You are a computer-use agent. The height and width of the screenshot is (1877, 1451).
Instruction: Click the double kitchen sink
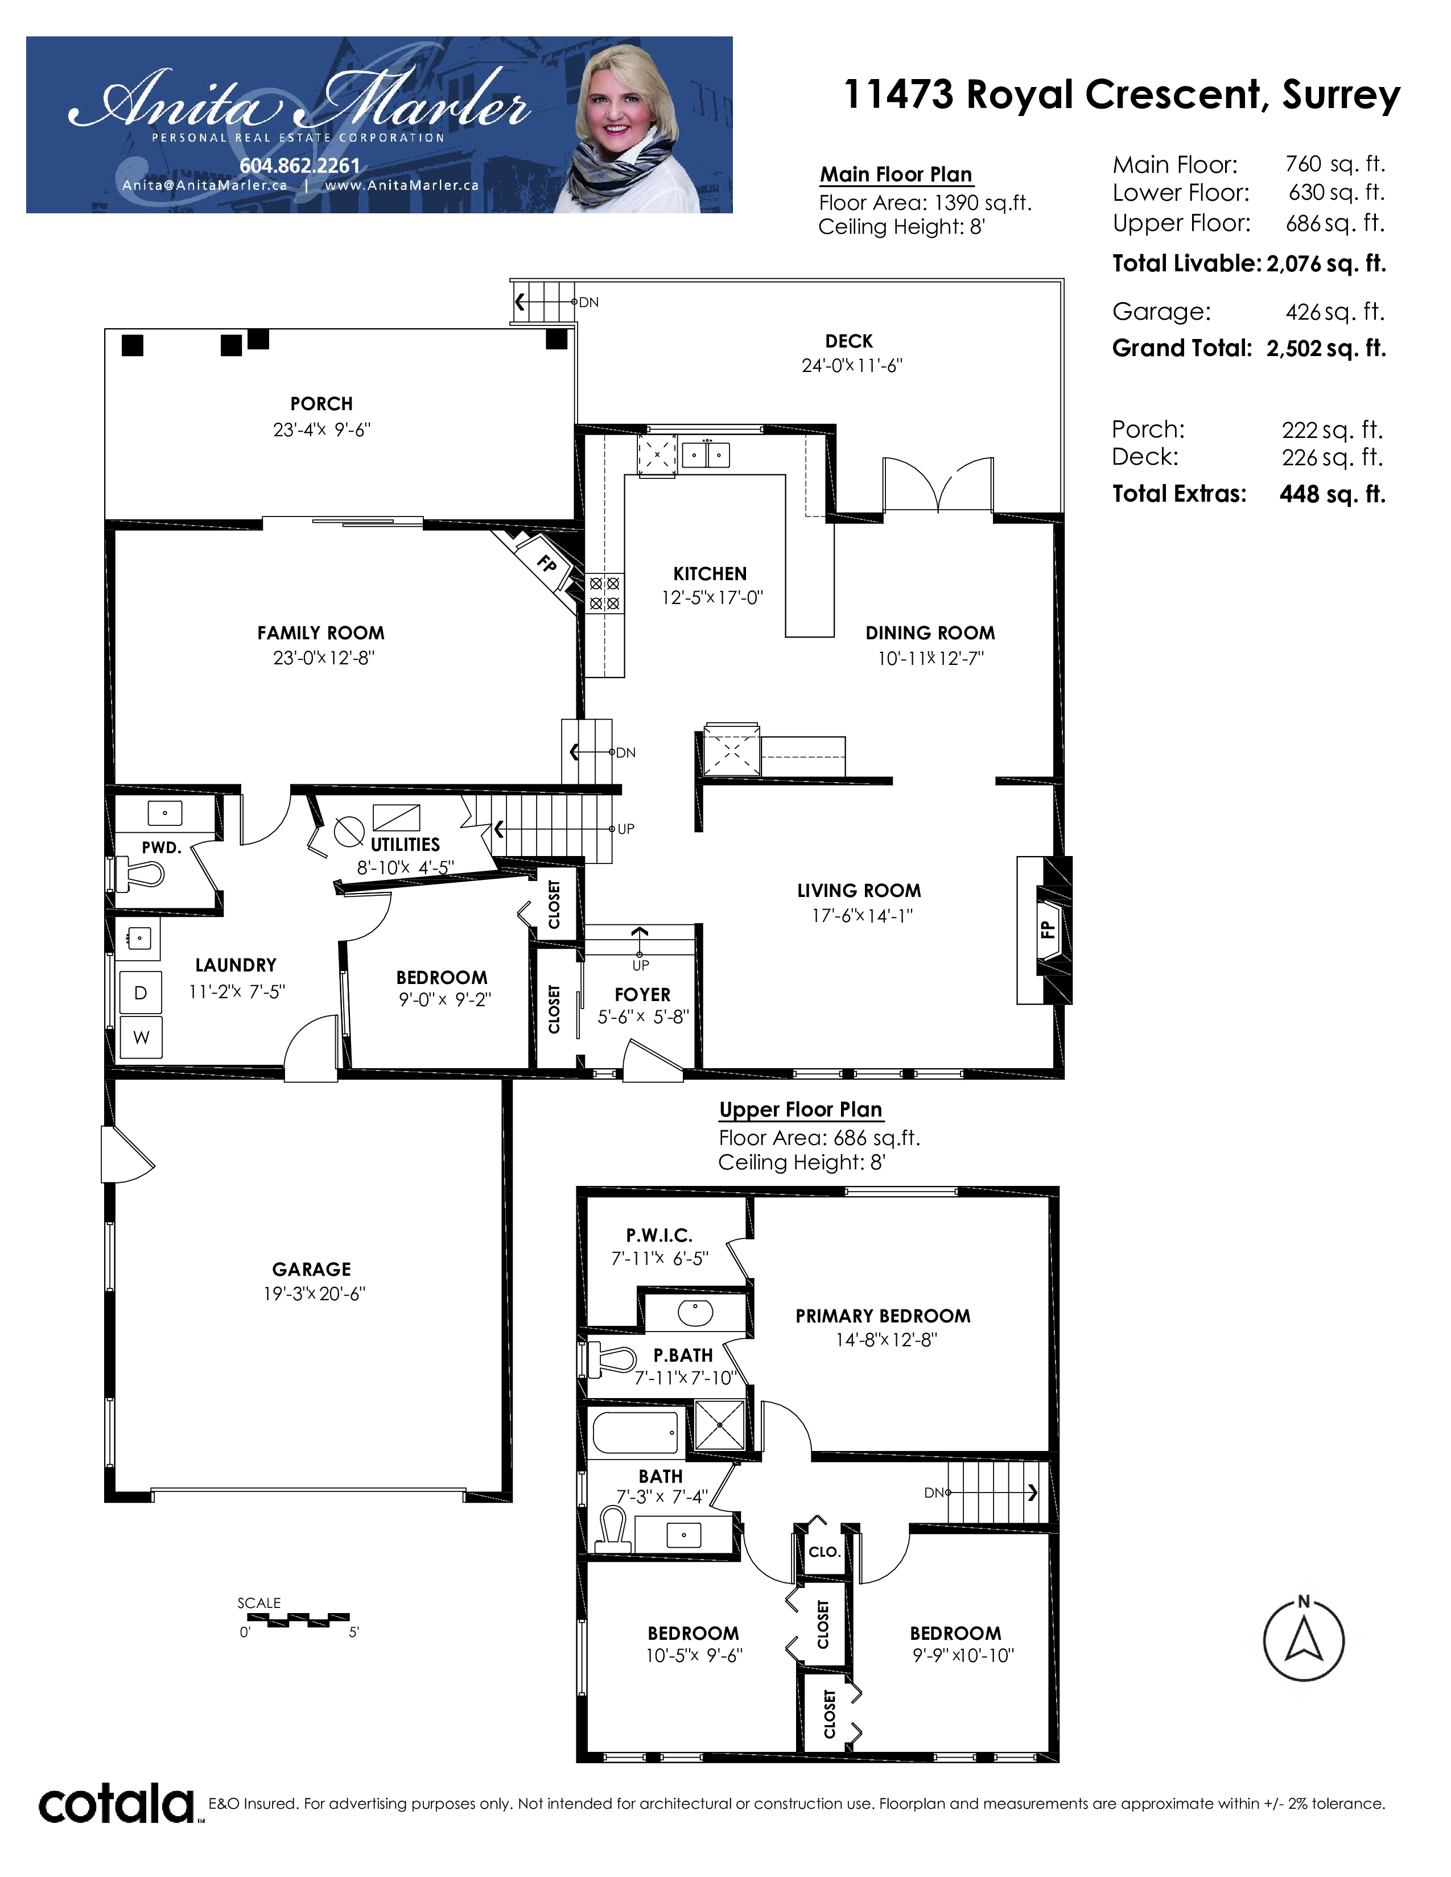pyautogui.click(x=706, y=454)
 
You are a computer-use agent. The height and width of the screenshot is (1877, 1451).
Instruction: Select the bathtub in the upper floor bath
pyautogui.click(x=637, y=1433)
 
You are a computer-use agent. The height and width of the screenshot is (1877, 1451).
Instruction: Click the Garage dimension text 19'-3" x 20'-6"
pyautogui.click(x=315, y=1293)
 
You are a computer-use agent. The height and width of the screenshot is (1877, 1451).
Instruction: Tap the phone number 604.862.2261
pyautogui.click(x=299, y=166)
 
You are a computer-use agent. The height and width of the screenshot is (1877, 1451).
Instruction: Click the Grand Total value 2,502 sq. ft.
pyautogui.click(x=1325, y=348)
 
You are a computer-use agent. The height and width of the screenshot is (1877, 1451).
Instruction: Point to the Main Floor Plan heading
pyautogui.click(x=896, y=175)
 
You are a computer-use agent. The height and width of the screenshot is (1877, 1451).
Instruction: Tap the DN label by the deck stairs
pyautogui.click(x=589, y=303)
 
